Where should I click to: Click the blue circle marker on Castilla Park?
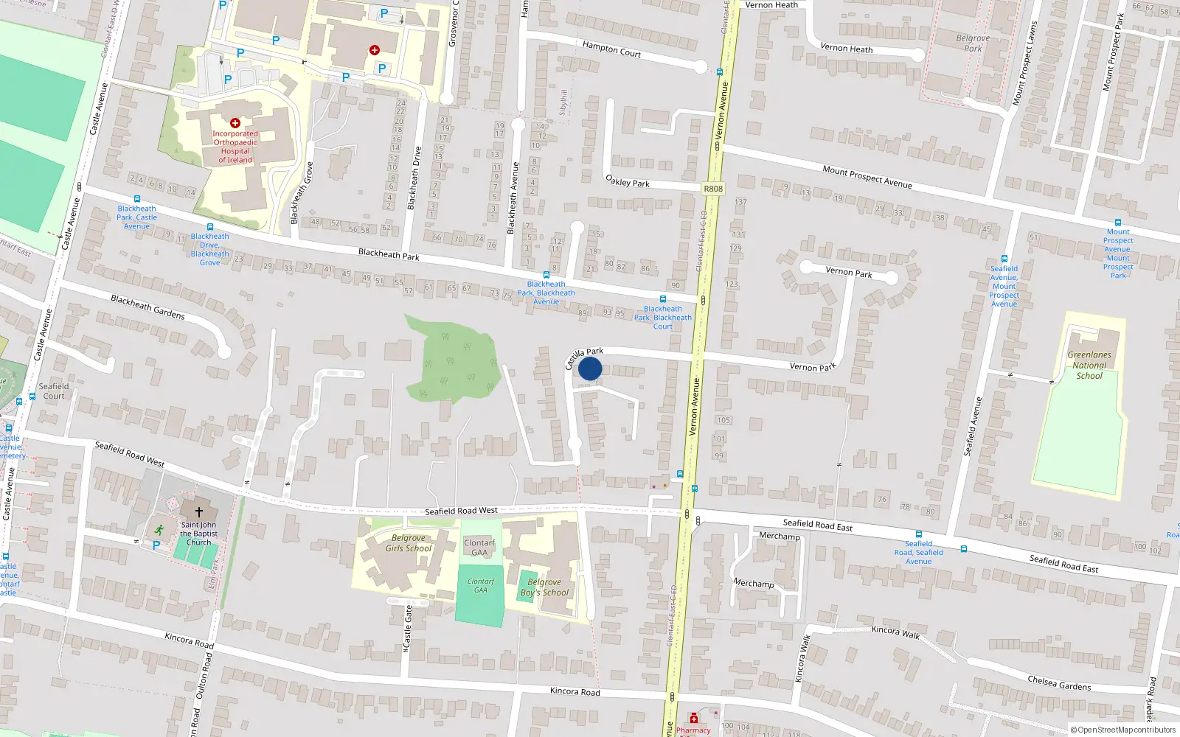pyautogui.click(x=590, y=368)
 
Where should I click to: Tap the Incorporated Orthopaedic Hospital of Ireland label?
pyautogui.click(x=235, y=147)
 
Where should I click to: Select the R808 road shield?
pyautogui.click(x=713, y=189)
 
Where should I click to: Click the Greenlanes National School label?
pyautogui.click(x=1089, y=365)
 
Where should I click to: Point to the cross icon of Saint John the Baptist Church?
pyautogui.click(x=198, y=511)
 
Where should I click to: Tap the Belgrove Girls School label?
pyautogui.click(x=409, y=543)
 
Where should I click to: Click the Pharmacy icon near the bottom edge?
pyautogui.click(x=693, y=719)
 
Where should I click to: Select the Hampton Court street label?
pyautogui.click(x=611, y=49)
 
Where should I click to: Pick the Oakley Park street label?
pyautogui.click(x=628, y=181)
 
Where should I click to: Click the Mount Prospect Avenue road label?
pyautogui.click(x=867, y=177)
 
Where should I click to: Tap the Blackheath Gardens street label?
pyautogui.click(x=147, y=307)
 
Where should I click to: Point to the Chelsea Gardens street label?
pyautogui.click(x=1059, y=683)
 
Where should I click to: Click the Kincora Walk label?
pyautogui.click(x=895, y=632)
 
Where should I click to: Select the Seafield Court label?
pyautogui.click(x=54, y=391)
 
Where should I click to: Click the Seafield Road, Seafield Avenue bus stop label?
pyautogui.click(x=919, y=552)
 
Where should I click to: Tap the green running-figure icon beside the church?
pyautogui.click(x=159, y=529)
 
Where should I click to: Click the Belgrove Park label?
pyautogui.click(x=973, y=43)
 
